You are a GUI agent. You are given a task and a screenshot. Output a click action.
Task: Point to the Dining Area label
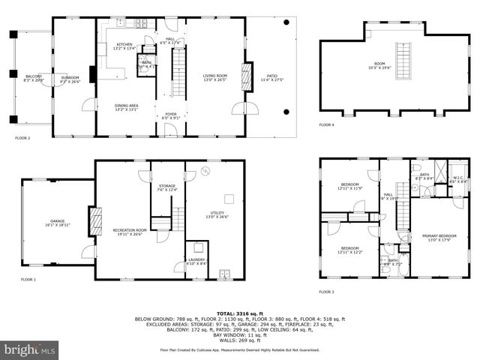126,106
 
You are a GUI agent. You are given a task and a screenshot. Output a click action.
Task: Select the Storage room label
166,187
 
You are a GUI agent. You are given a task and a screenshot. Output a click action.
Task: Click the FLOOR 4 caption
326,124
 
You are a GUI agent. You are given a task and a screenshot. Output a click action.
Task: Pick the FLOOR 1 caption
28,280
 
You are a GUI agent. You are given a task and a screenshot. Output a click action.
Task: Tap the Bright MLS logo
29,349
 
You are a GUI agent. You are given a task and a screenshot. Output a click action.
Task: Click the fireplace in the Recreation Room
95,222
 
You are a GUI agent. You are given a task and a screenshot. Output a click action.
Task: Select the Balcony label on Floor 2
34,77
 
